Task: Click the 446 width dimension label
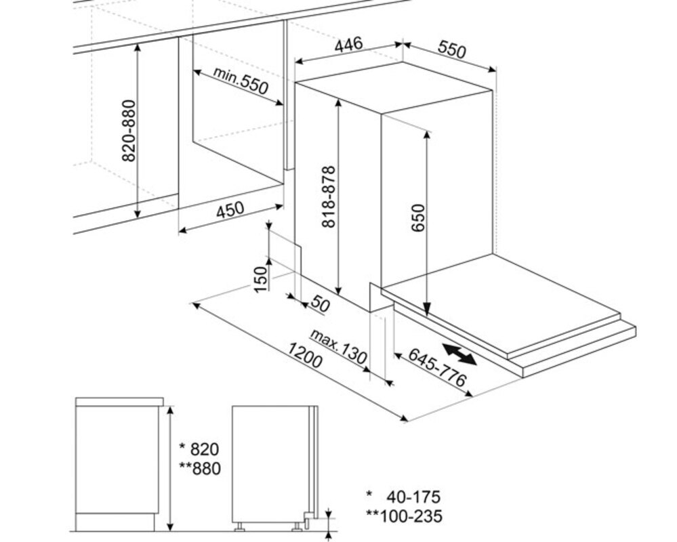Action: [348, 45]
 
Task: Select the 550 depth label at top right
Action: [452, 49]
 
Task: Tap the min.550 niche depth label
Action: [241, 81]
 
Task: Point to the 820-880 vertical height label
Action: [129, 131]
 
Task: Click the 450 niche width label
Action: [230, 210]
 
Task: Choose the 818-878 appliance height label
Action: [329, 196]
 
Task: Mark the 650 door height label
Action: [418, 218]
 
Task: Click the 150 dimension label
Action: [260, 279]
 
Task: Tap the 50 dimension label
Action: [320, 304]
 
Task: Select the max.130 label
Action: [339, 346]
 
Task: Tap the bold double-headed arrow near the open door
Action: [459, 354]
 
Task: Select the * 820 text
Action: [199, 449]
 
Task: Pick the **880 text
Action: [199, 468]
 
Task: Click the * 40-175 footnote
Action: [403, 497]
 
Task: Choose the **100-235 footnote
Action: [404, 516]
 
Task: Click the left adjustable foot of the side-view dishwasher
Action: [239, 526]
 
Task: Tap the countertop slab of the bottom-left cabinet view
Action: [119, 402]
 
